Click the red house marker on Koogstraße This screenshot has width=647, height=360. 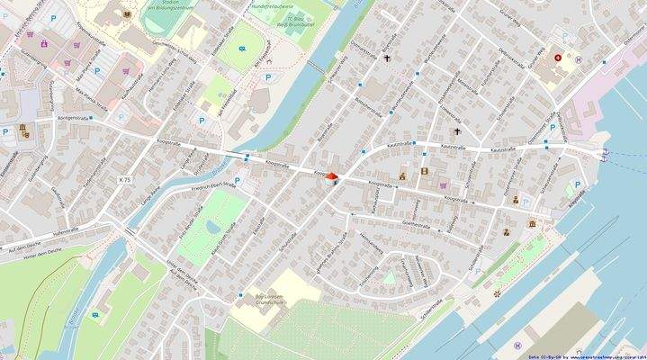click(x=332, y=177)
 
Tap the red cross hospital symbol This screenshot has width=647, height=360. click(x=559, y=57)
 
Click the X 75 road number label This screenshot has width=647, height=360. click(x=124, y=180)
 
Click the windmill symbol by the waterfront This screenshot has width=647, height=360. click(x=494, y=293)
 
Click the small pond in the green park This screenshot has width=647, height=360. click(x=212, y=225)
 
